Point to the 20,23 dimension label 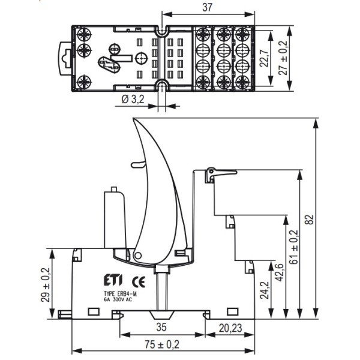(230, 328)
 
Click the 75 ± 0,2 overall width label (163, 345)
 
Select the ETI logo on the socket (103, 280)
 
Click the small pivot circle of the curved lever (139, 256)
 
